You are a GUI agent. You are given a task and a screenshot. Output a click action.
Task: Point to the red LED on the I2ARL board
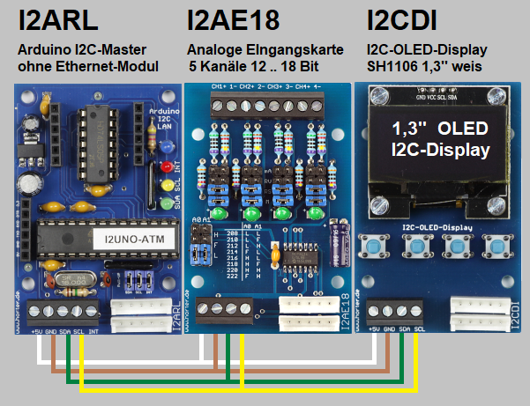tap(165, 166)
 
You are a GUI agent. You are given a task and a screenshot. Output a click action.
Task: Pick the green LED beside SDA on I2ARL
tap(165, 204)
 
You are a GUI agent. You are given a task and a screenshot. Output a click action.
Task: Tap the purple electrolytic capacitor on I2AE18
tap(336, 240)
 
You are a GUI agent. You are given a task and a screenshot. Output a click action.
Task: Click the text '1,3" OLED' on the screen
tap(439, 129)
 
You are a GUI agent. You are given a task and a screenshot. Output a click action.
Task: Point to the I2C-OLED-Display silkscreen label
tap(438, 227)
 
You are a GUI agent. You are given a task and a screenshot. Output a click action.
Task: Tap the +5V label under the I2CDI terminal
tap(374, 329)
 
